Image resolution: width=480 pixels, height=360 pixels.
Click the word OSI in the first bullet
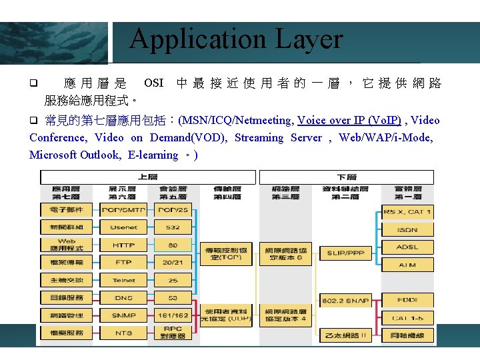click(x=153, y=83)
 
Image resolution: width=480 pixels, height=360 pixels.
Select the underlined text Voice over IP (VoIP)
click(x=349, y=120)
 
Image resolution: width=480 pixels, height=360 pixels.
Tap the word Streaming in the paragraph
click(x=258, y=137)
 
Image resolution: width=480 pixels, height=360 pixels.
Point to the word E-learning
click(x=153, y=155)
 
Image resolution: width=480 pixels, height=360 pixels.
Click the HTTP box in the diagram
click(x=123, y=245)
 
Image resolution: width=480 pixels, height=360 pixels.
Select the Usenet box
click(x=123, y=228)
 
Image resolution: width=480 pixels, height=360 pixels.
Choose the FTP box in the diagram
click(x=123, y=263)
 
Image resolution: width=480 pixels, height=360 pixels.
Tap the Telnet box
click(x=123, y=280)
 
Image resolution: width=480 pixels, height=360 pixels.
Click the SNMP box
click(x=123, y=315)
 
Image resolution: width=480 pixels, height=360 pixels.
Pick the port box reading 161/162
click(x=173, y=315)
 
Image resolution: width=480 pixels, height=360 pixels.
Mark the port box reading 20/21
click(x=173, y=263)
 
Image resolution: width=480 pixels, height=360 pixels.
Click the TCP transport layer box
click(x=227, y=253)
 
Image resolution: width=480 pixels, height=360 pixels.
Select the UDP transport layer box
click(x=227, y=315)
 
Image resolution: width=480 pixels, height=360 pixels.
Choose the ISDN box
click(x=407, y=229)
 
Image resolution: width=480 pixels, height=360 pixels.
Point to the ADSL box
click(x=407, y=247)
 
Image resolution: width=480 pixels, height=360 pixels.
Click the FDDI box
click(x=407, y=300)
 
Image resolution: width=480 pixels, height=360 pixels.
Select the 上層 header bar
click(x=147, y=177)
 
